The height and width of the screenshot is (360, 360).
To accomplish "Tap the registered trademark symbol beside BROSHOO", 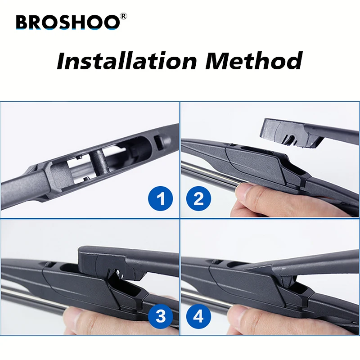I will coord(124,17).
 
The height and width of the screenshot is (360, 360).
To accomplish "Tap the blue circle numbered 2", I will coord(199,198).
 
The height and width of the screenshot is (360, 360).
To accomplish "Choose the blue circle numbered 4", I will coord(199,316).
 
